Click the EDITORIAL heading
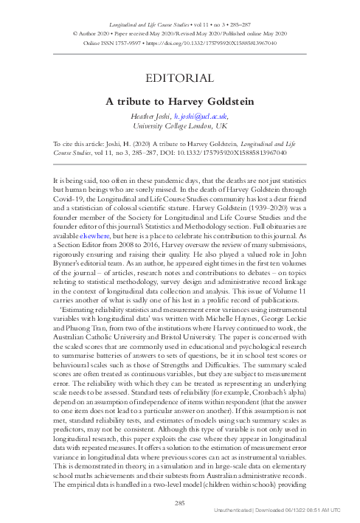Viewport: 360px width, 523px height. pyautogui.click(x=179, y=77)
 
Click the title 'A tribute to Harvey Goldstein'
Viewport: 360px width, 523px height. pyautogui.click(x=179, y=99)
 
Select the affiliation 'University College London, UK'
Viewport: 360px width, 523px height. pyautogui.click(x=179, y=125)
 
